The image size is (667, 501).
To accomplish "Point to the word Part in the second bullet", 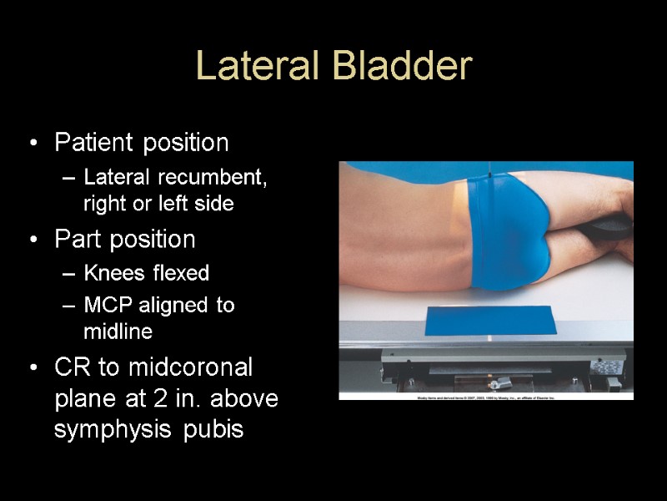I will (76, 240).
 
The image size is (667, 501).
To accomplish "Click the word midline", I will (118, 331).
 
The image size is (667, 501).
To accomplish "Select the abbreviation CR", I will (71, 367).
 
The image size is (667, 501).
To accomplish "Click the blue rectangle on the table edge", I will (489, 320).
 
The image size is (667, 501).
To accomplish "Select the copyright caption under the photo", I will (486, 398).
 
